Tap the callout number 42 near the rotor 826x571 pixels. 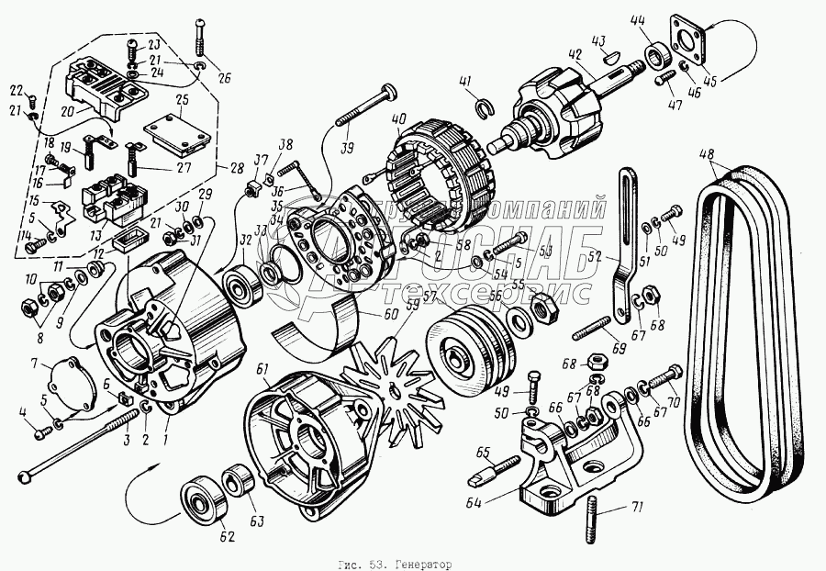coord(575,54)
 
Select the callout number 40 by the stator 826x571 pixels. coord(397,119)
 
